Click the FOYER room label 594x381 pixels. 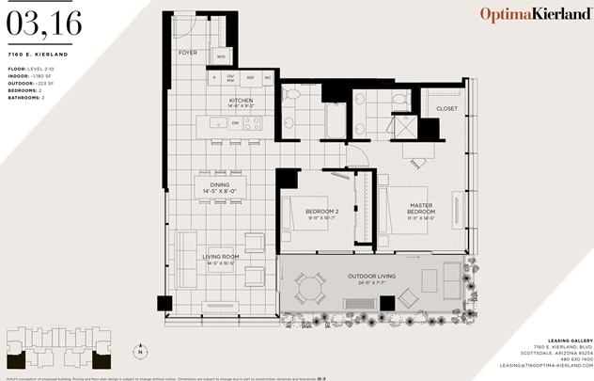pos(188,53)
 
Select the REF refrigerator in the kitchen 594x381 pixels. pos(251,78)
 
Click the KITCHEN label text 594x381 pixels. pos(241,100)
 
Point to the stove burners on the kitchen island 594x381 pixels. pos(253,122)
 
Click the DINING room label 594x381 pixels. pos(220,185)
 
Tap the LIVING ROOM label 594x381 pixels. pos(220,256)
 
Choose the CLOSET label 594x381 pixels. pos(447,108)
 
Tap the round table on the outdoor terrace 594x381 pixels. pos(309,288)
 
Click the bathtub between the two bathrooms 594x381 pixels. pos(336,120)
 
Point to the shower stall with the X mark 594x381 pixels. pos(402,127)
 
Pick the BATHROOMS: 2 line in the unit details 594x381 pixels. pos(26,98)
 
